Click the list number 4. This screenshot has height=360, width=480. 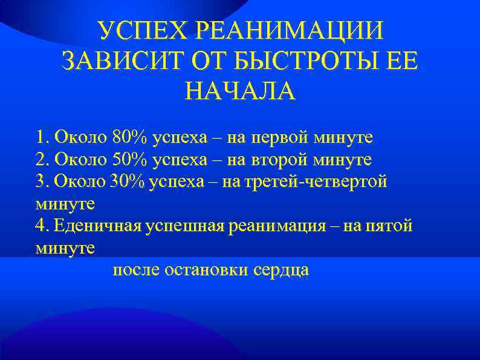[41, 226]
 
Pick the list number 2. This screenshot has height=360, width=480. [41, 160]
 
